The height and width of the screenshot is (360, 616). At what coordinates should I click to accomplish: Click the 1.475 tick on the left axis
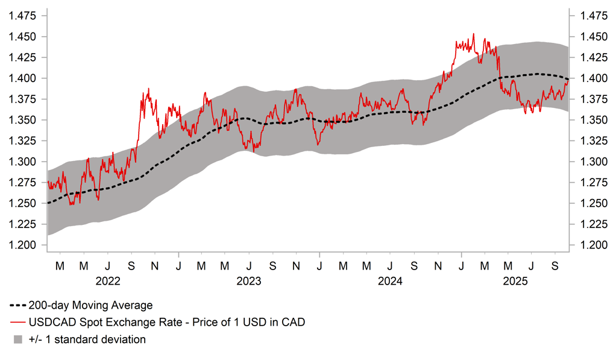[x=20, y=16]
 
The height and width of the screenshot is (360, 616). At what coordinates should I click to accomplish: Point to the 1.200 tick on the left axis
[x=20, y=245]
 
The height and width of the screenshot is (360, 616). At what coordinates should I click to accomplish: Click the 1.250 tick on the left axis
[x=20, y=203]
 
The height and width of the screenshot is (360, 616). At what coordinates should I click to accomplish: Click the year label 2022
[x=108, y=281]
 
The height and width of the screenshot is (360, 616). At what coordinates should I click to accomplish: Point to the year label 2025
[x=516, y=281]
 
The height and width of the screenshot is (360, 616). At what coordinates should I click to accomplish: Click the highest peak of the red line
[x=474, y=34]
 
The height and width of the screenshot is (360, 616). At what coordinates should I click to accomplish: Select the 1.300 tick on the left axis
[x=20, y=162]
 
